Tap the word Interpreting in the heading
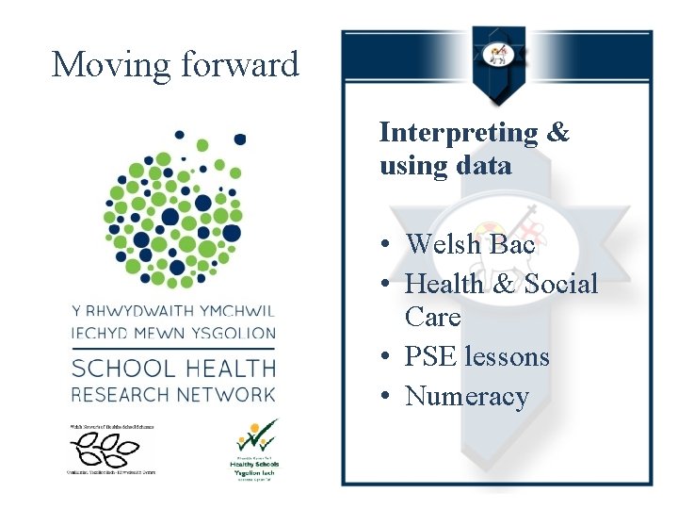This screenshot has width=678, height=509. [x=458, y=132]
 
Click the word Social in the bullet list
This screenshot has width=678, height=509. [x=560, y=283]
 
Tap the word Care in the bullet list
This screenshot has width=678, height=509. [x=433, y=317]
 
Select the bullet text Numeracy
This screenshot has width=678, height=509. [x=467, y=396]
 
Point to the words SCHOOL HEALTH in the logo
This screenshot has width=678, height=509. [x=174, y=368]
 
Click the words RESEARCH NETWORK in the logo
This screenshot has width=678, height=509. [x=174, y=393]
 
